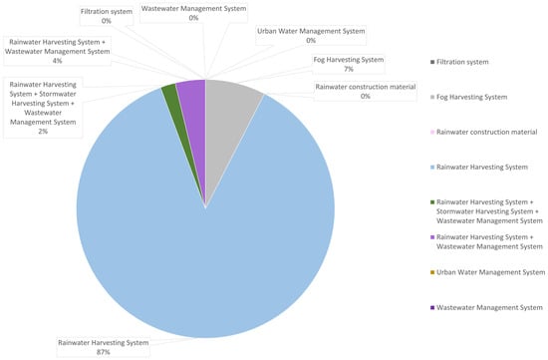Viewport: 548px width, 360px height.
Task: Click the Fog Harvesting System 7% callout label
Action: click(x=349, y=65)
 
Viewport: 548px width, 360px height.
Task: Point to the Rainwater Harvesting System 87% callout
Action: click(x=104, y=347)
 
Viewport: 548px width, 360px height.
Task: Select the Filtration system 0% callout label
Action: click(x=107, y=16)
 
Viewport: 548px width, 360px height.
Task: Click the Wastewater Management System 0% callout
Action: click(x=193, y=13)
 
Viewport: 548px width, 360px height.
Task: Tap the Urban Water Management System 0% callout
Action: click(x=311, y=36)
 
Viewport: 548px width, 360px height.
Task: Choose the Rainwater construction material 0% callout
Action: click(x=366, y=92)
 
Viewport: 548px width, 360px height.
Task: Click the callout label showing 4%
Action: click(x=58, y=52)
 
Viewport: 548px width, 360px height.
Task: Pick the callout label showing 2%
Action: click(x=43, y=108)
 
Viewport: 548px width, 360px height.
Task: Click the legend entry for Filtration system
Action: click(x=459, y=62)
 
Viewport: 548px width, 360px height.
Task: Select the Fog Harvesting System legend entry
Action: click(x=468, y=98)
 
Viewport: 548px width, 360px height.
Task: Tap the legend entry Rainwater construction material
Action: click(x=483, y=133)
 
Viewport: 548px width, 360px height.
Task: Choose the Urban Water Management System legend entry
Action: click(x=488, y=272)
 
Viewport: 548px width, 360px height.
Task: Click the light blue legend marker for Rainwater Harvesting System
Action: click(x=432, y=168)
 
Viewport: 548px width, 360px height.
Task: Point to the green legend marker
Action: click(x=432, y=202)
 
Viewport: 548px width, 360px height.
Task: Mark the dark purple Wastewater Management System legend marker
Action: click(x=432, y=308)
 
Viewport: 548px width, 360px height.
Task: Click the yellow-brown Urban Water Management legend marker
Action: click(x=432, y=272)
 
